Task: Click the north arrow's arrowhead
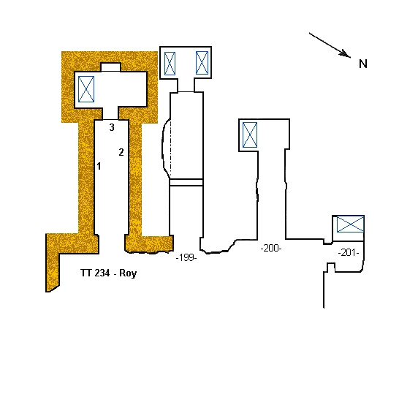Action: [x=346, y=54]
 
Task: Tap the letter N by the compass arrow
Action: [x=363, y=64]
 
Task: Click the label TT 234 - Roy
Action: [x=109, y=273]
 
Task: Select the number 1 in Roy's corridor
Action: [x=99, y=166]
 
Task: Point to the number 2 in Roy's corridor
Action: [x=121, y=152]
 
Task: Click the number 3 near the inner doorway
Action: [x=112, y=127]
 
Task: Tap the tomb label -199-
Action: [x=186, y=257]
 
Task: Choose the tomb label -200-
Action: [x=271, y=248]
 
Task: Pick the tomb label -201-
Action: [x=349, y=253]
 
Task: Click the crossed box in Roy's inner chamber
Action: [x=86, y=89]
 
